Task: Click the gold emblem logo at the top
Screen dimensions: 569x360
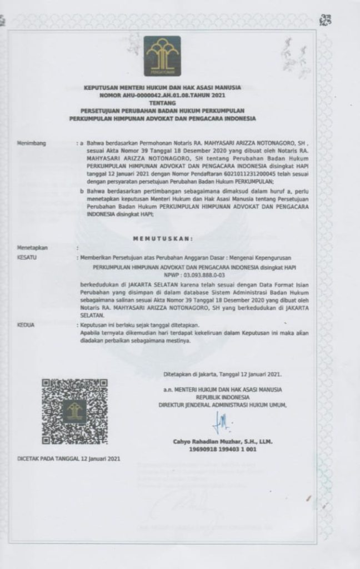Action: click(162, 56)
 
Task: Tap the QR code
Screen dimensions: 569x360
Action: click(74, 412)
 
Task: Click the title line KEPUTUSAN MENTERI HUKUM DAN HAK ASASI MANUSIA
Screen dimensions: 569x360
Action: click(162, 88)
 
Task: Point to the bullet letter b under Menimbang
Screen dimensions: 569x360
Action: click(82, 191)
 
